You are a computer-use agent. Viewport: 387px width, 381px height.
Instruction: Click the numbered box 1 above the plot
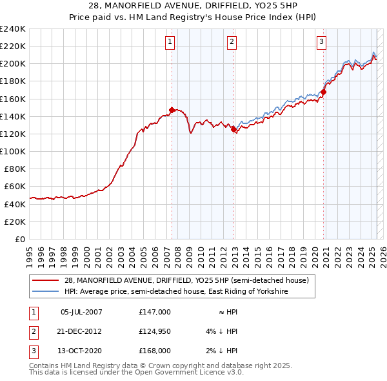pyautogui.click(x=170, y=43)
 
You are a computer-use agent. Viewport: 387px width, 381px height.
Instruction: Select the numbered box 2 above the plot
pyautogui.click(x=232, y=43)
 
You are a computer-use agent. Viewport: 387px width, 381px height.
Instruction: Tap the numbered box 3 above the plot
pyautogui.click(x=321, y=43)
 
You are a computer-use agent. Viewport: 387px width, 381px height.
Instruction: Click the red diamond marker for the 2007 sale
pyautogui.click(x=172, y=110)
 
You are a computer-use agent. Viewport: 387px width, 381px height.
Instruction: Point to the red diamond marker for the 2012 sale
pyautogui.click(x=233, y=129)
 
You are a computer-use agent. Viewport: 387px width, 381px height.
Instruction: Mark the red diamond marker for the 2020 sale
pyautogui.click(x=324, y=92)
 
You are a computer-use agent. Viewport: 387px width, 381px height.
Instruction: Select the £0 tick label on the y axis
pyautogui.click(x=21, y=239)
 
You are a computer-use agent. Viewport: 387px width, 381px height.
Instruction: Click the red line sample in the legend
pyautogui.click(x=46, y=281)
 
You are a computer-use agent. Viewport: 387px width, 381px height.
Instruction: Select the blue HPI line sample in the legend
pyautogui.click(x=46, y=292)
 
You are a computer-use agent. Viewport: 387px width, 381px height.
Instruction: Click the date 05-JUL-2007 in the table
pyautogui.click(x=81, y=312)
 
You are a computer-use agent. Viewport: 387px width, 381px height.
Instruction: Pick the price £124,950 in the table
pyautogui.click(x=155, y=331)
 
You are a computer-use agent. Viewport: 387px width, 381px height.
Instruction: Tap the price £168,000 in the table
pyautogui.click(x=155, y=351)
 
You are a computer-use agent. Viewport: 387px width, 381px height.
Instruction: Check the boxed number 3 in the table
pyautogui.click(x=32, y=351)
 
